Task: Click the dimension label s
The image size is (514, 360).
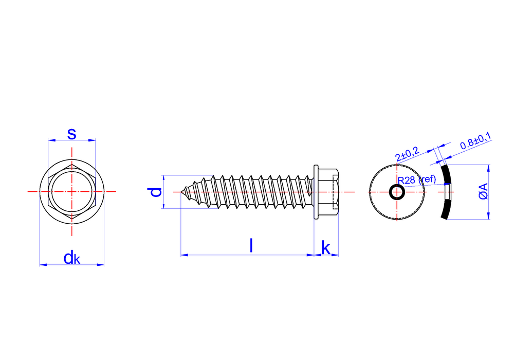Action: (72, 134)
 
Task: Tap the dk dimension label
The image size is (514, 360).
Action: (72, 258)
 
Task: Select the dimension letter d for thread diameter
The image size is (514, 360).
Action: (156, 192)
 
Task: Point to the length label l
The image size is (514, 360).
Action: (251, 245)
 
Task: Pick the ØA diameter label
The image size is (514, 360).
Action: (483, 191)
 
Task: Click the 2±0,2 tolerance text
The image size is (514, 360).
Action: (408, 154)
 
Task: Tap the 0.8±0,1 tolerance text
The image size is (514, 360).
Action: (475, 141)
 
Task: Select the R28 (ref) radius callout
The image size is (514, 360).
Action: (417, 179)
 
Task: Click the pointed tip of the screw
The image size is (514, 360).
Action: (182, 192)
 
